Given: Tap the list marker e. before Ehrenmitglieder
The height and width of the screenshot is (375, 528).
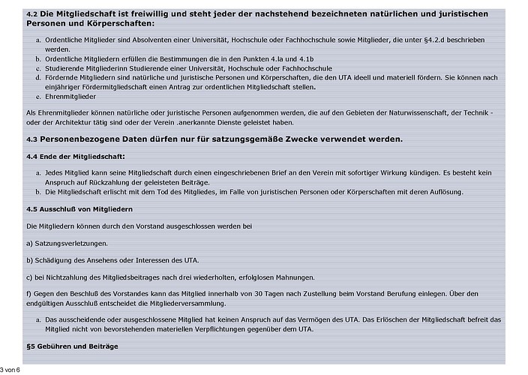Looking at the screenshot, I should click(38, 97).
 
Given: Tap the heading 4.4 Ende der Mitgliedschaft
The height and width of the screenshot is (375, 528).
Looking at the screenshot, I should click(75, 156).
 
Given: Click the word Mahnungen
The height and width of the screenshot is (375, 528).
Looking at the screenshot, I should click(271, 277).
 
